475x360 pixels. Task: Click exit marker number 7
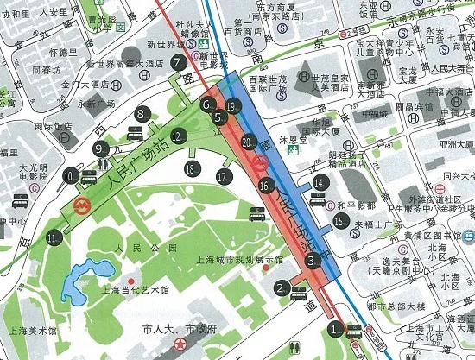point(179,62)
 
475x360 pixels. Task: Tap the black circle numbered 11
point(55,237)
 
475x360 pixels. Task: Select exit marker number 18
point(191,168)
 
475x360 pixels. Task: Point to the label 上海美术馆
point(28,331)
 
